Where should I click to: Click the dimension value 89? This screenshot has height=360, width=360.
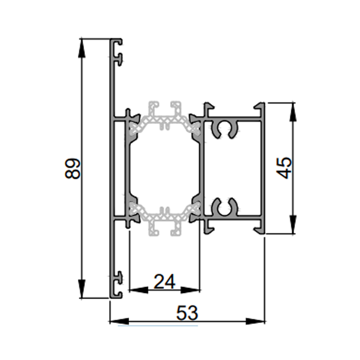click(x=72, y=168)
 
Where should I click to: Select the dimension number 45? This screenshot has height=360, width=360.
click(x=284, y=168)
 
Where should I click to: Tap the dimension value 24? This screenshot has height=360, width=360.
click(x=164, y=282)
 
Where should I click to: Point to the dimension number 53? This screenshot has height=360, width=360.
click(x=187, y=313)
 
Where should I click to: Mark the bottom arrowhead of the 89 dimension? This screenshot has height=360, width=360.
click(x=82, y=288)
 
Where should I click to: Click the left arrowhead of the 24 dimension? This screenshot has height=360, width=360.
click(x=139, y=290)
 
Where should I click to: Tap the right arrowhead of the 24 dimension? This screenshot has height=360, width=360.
click(x=190, y=290)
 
